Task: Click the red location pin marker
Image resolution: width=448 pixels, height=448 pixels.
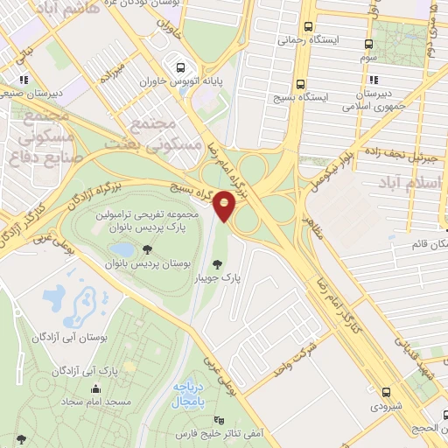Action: click(x=225, y=206)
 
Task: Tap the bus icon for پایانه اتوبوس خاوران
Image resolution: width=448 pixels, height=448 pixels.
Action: click(x=180, y=67)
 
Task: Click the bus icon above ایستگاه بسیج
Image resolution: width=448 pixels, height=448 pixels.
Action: click(x=300, y=85)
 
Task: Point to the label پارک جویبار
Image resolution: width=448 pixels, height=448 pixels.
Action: click(x=242, y=277)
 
